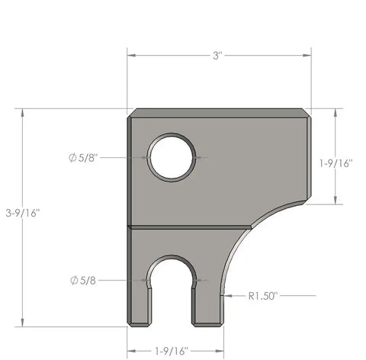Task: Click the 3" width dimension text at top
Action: tap(218, 56)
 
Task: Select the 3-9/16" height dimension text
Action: tap(22, 212)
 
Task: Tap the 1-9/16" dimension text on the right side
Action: tap(335, 162)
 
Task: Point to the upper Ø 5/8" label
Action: tap(83, 158)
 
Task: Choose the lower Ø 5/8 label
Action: tap(84, 280)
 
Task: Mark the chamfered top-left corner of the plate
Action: tap(133, 113)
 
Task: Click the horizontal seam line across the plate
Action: tap(191, 227)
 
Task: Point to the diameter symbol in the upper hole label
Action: tap(72, 158)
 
